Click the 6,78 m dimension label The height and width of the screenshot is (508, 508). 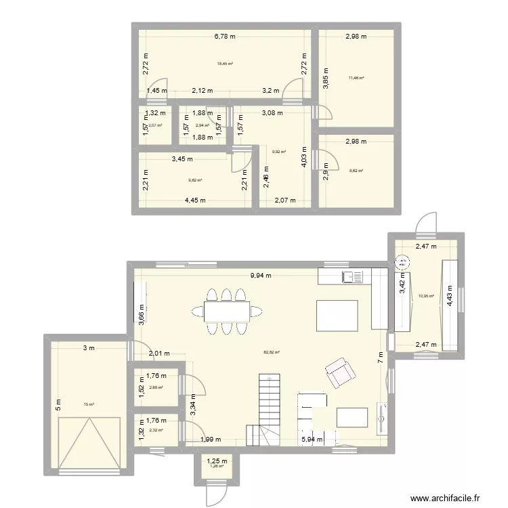[224, 37]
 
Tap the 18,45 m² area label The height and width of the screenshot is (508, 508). [225, 64]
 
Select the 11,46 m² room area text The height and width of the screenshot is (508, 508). [356, 78]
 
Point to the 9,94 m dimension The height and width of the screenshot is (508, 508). [260, 276]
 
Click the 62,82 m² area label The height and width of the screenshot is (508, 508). [272, 352]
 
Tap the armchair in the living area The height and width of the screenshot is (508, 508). [340, 373]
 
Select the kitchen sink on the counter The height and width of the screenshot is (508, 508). [353, 276]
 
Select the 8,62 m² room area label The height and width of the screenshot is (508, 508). [356, 173]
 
